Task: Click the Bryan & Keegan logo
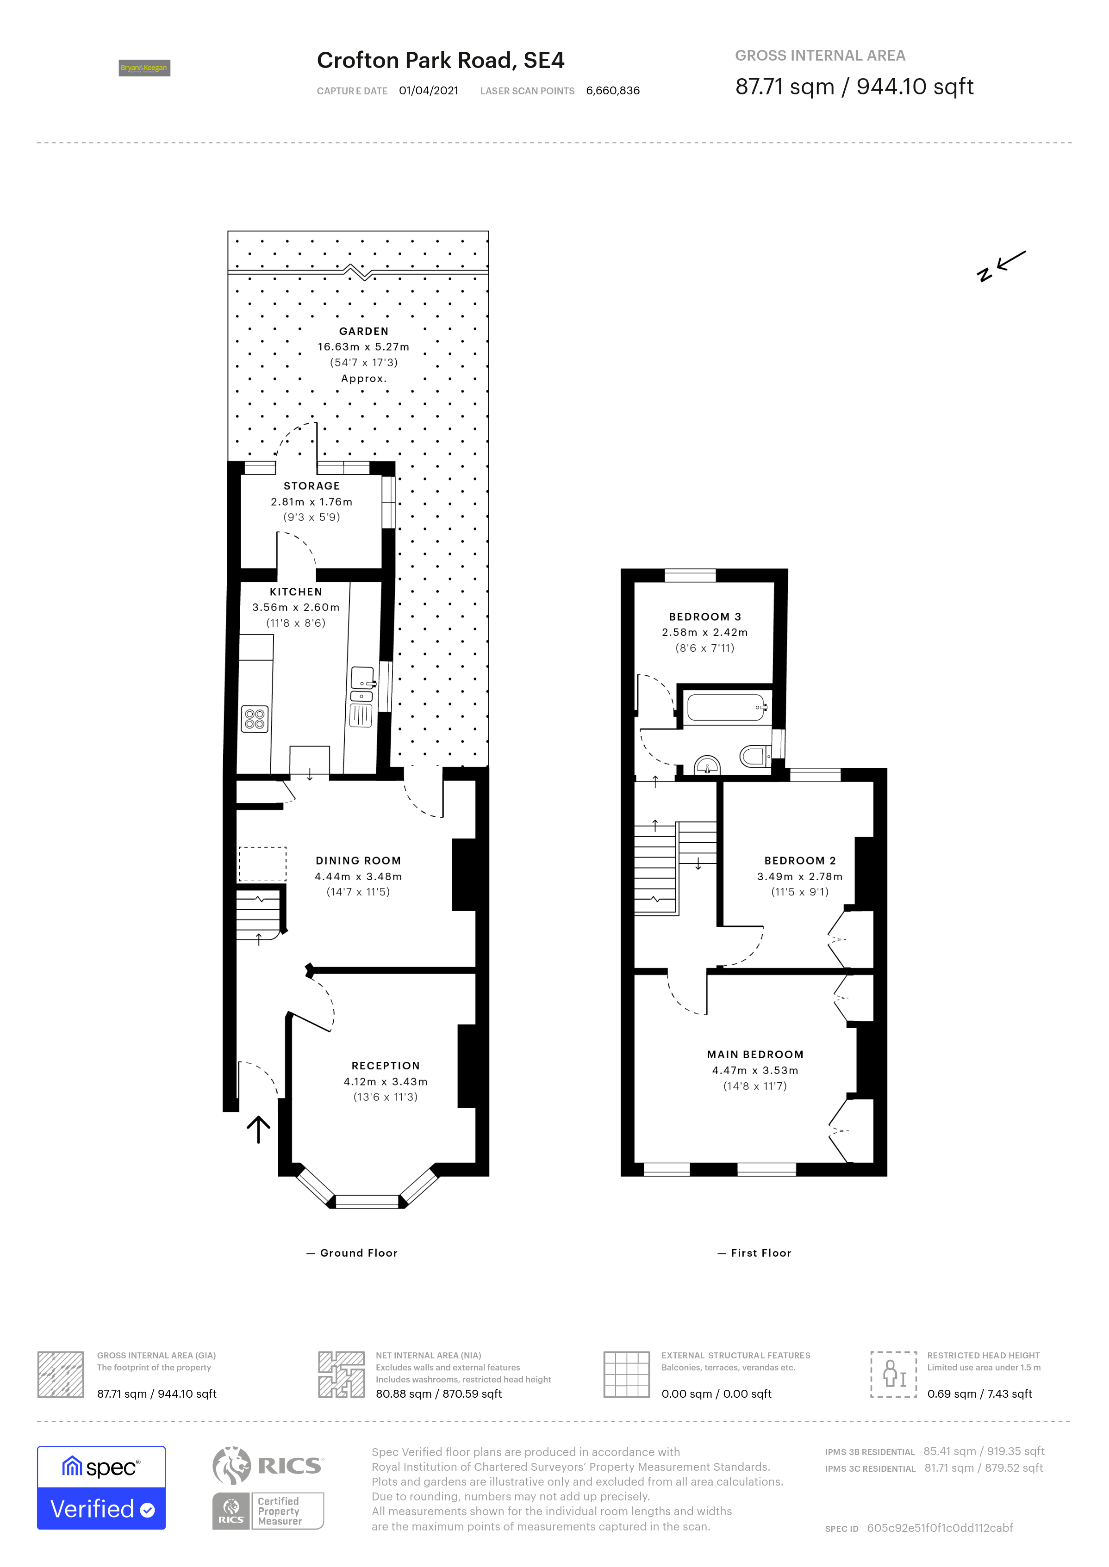pyautogui.click(x=144, y=68)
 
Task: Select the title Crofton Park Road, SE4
pyautogui.click(x=441, y=60)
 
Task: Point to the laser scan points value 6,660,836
pyautogui.click(x=612, y=91)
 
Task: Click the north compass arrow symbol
pyautogui.click(x=1001, y=265)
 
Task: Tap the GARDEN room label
pyautogui.click(x=363, y=331)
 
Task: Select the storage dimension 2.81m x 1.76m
pyautogui.click(x=312, y=502)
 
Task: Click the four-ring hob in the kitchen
pyautogui.click(x=255, y=719)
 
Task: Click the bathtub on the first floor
pyautogui.click(x=726, y=708)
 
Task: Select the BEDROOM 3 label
pyautogui.click(x=705, y=616)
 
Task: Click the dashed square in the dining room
pyautogui.click(x=262, y=864)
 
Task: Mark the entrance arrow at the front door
pyautogui.click(x=258, y=1129)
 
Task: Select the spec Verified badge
pyautogui.click(x=101, y=1488)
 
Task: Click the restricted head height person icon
pyautogui.click(x=893, y=1374)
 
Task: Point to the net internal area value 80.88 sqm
pyautogui.click(x=438, y=1394)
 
